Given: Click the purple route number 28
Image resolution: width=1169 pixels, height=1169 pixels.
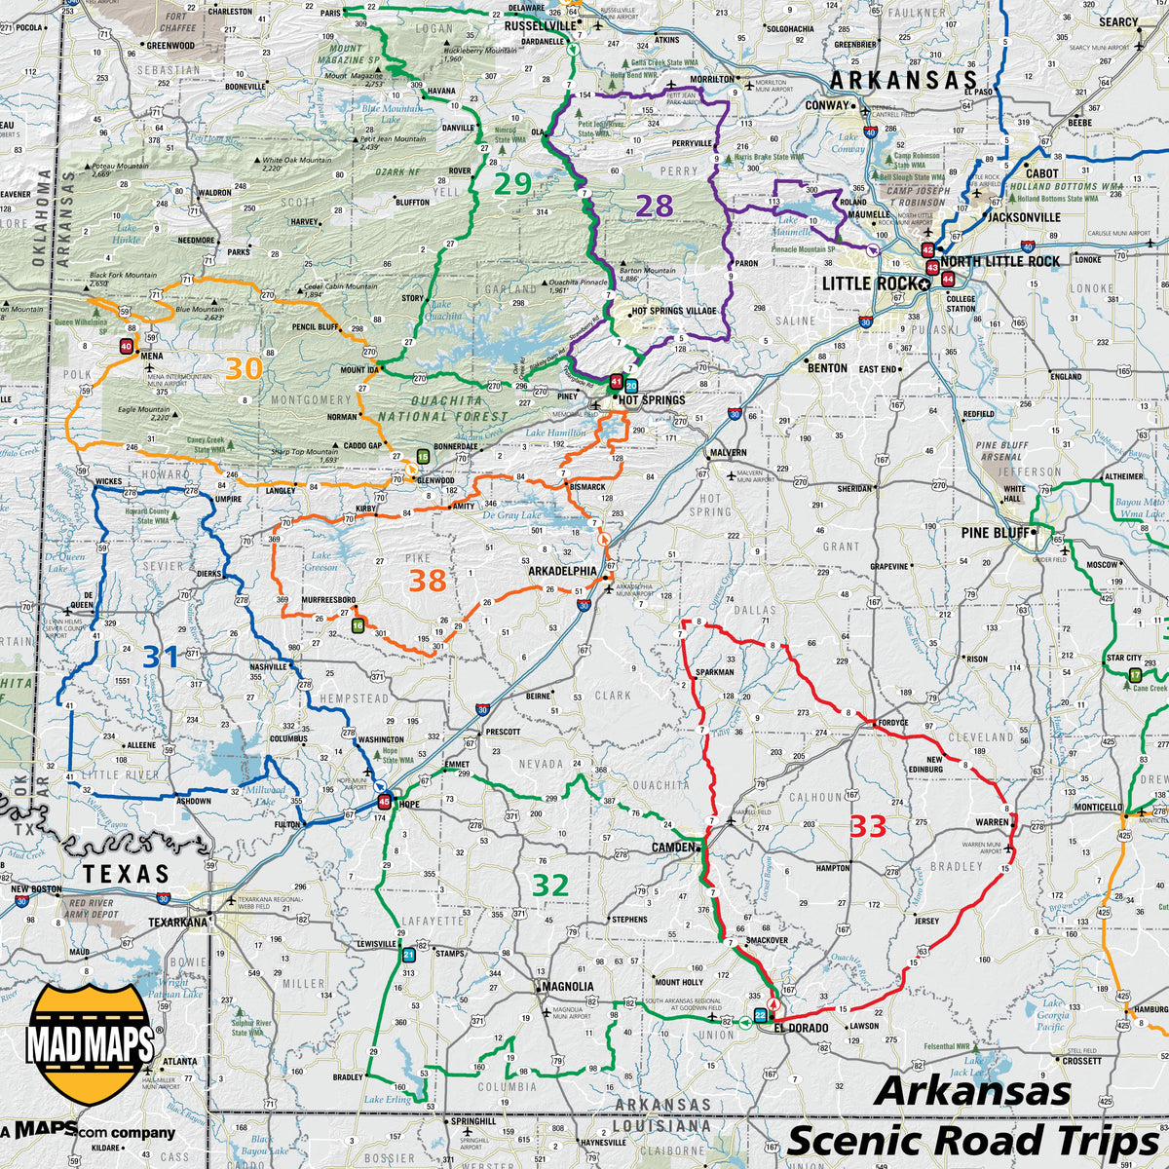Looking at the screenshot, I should (655, 206).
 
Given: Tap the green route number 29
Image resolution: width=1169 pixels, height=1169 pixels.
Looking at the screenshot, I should (511, 183).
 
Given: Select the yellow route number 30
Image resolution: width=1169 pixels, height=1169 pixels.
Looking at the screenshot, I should (245, 368).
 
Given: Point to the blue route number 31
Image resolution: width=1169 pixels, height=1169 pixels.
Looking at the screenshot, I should (161, 658).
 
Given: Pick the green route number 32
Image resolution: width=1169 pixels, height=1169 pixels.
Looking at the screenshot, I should (550, 886).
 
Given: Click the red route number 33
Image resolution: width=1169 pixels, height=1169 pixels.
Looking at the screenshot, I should (867, 826).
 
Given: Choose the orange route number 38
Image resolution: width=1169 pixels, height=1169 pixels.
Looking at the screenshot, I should (427, 581).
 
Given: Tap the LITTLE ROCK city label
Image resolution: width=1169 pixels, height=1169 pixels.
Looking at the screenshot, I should (869, 283).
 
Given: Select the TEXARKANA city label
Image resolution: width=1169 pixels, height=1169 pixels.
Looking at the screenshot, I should (178, 922).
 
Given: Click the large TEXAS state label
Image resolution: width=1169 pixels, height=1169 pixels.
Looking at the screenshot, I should (126, 873).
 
